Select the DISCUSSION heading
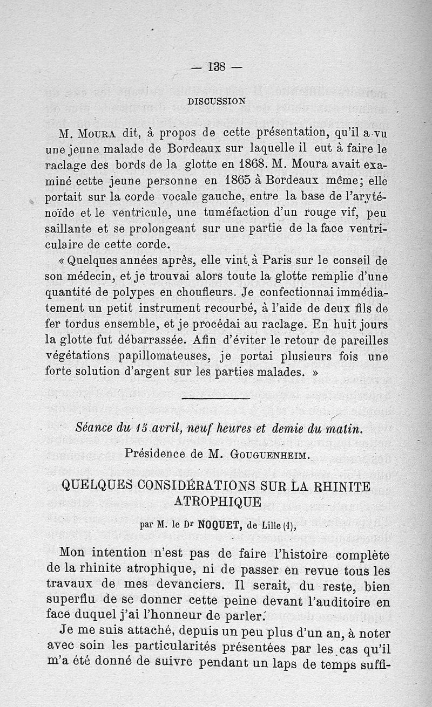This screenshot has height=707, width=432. coord(216,101)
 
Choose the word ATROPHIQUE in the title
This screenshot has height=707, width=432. coord(217,502)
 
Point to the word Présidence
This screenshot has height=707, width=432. coord(153,454)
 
